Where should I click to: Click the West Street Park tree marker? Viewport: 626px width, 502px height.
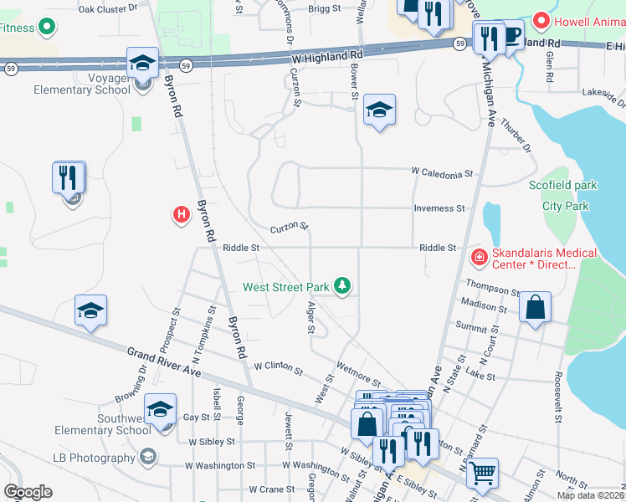[342, 286]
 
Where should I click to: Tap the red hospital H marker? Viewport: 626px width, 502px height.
[180, 215]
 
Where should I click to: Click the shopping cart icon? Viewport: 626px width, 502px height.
[483, 474]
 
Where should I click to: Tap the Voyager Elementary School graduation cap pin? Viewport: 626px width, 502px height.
[142, 63]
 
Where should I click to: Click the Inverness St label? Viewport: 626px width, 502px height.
[439, 208]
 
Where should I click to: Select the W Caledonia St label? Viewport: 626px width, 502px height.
[442, 173]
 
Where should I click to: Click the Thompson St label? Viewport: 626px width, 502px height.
[494, 289]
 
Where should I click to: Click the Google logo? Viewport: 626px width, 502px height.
[28, 492]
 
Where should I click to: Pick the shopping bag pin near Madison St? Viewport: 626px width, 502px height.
[535, 307]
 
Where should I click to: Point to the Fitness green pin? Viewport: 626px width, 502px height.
[47, 28]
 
